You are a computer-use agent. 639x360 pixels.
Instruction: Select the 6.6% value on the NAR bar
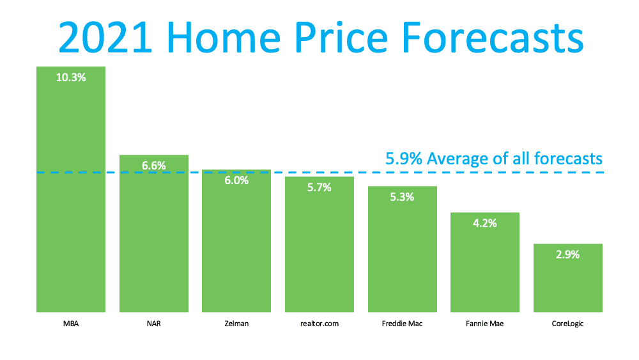click(x=154, y=166)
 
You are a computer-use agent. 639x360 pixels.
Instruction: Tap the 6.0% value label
click(x=236, y=181)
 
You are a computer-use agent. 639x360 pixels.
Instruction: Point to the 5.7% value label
click(x=319, y=187)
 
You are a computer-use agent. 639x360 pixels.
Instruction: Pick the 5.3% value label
click(x=402, y=197)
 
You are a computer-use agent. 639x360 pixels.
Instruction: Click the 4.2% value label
click(x=485, y=223)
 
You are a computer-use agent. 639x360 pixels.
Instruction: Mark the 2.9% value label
click(x=567, y=254)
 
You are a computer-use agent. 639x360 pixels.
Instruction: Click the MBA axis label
click(x=71, y=324)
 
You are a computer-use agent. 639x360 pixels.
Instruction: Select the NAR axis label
click(x=154, y=324)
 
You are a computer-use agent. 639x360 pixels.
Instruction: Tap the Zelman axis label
click(x=236, y=324)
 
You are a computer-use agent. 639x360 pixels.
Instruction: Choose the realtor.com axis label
click(x=319, y=324)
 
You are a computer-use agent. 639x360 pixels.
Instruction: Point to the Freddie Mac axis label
click(x=402, y=324)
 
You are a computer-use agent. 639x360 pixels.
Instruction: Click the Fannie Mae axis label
click(x=485, y=324)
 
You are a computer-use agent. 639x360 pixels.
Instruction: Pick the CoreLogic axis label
click(x=567, y=324)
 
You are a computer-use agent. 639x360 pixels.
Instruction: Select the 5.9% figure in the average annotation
click(x=404, y=158)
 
